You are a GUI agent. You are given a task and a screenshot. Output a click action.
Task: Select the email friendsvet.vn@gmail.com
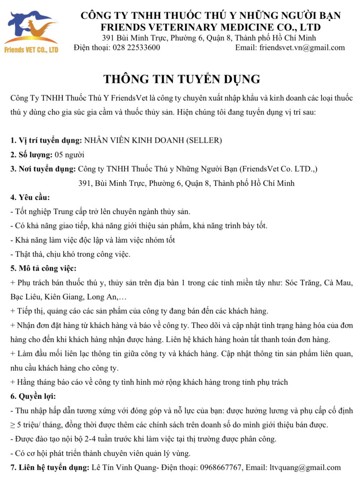pyautogui.click(x=302, y=47)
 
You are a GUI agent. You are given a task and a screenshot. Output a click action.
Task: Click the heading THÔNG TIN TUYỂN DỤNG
pyautogui.click(x=182, y=79)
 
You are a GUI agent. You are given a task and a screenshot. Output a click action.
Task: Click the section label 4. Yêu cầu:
pyautogui.click(x=30, y=197)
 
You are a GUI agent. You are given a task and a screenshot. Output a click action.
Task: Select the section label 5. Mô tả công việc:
pyautogui.click(x=43, y=268)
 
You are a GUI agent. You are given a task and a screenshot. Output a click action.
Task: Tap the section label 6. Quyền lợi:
pyautogui.click(x=33, y=396)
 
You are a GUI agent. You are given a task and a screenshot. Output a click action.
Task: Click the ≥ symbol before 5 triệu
pyautogui.click(x=12, y=425)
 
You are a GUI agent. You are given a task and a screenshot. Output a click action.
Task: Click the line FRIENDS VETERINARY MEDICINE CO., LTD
pyautogui.click(x=211, y=27)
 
